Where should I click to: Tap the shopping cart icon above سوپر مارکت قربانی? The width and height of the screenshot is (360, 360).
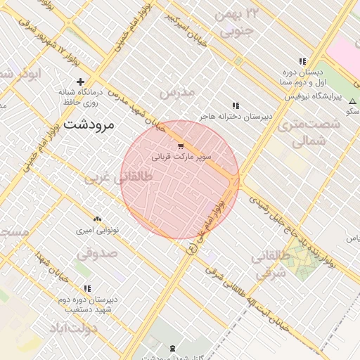pyautogui.click(x=181, y=146)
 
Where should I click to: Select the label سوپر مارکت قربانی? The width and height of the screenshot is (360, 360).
pyautogui.click(x=181, y=157)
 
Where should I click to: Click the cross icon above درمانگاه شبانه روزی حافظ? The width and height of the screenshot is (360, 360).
pyautogui.click(x=81, y=82)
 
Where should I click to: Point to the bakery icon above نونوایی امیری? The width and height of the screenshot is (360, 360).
pyautogui.click(x=97, y=219)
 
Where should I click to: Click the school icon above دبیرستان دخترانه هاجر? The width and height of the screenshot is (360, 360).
pyautogui.click(x=236, y=105)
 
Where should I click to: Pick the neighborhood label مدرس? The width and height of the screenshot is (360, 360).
pyautogui.click(x=176, y=93)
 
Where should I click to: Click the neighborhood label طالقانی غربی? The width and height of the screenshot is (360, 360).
pyautogui.click(x=118, y=179)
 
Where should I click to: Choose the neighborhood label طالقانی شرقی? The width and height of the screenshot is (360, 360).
pyautogui.click(x=269, y=265)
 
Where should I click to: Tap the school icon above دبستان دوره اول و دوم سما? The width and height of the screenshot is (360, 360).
pyautogui.click(x=302, y=61)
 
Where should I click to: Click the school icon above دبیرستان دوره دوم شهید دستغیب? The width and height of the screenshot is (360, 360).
pyautogui.click(x=87, y=288)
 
